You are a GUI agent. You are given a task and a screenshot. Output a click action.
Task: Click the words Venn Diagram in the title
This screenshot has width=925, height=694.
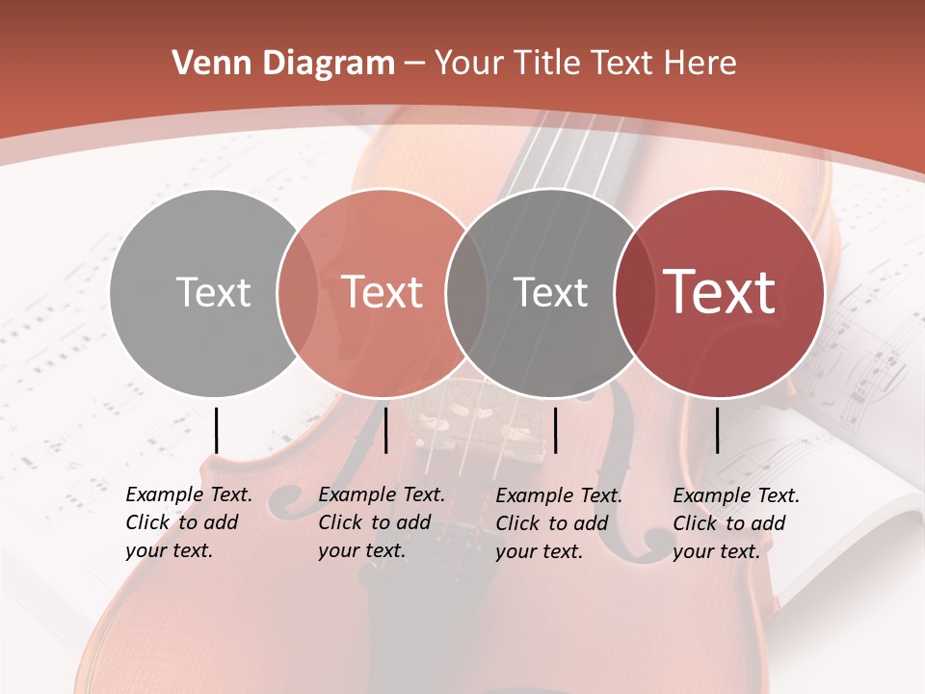[x=283, y=64]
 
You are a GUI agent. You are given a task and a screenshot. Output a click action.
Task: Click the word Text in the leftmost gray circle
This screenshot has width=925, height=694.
[x=213, y=292]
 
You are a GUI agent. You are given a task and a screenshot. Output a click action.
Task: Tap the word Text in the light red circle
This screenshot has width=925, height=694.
[x=383, y=292]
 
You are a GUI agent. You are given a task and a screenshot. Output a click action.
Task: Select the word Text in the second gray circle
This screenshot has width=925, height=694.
[x=550, y=292]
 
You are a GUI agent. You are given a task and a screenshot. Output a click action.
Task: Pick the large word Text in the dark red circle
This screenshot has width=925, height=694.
[x=720, y=292]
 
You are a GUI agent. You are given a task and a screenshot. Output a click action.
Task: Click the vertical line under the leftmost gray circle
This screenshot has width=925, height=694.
[x=217, y=430]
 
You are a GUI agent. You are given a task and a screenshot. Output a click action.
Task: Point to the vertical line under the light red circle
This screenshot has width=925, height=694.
[x=385, y=430]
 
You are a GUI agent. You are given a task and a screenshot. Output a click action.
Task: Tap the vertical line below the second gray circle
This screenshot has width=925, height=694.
[x=556, y=430]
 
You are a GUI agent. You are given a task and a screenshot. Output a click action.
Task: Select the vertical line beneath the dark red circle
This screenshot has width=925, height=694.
[x=718, y=430]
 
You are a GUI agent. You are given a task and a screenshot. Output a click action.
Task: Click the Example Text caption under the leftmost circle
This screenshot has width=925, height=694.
[x=188, y=522]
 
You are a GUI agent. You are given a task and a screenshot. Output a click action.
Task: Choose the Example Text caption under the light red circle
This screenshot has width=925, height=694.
[x=381, y=522]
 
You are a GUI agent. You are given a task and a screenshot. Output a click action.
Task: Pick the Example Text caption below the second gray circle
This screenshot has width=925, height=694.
[x=558, y=522]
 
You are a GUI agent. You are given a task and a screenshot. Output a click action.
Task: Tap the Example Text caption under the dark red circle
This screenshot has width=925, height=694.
[x=735, y=522]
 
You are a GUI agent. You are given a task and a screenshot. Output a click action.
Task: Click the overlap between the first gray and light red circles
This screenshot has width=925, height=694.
[x=298, y=292]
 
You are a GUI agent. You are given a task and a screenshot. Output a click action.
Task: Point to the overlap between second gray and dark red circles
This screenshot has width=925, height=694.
[x=633, y=292]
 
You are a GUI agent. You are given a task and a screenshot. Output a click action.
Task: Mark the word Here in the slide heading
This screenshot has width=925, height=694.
[x=701, y=64]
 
